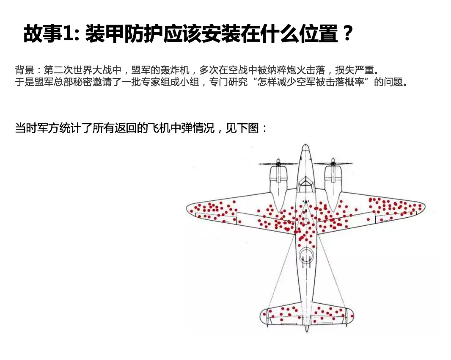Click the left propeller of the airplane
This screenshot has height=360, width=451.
click(277, 163)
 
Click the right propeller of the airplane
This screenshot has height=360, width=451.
click(333, 163)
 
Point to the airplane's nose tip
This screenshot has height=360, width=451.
click(304, 147)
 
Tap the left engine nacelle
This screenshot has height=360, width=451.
click(278, 180)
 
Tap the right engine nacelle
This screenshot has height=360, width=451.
click(333, 180)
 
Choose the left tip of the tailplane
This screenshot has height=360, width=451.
click(261, 315)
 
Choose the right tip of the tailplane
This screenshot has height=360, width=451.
click(352, 314)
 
